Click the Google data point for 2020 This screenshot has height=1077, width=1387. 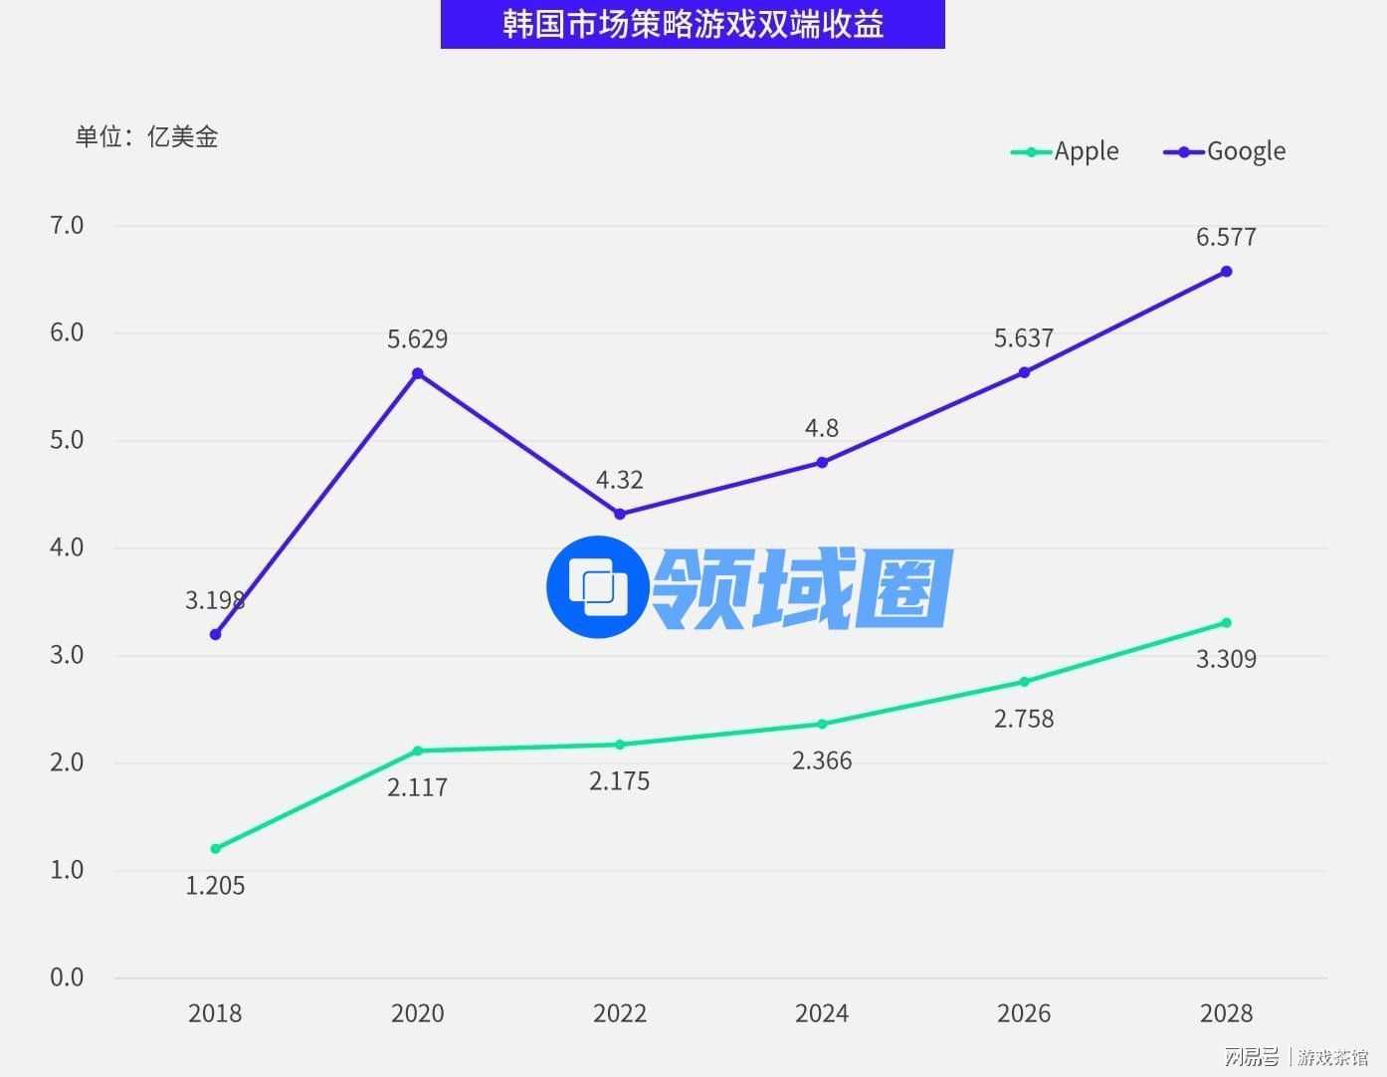418,373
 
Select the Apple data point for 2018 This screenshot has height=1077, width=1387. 215,849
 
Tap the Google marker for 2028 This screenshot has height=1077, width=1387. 1226,272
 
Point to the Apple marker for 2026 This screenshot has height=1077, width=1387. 1024,682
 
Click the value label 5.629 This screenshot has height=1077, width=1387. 418,339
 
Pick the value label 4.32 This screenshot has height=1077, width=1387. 619,480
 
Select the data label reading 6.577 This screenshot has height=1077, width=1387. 1226,237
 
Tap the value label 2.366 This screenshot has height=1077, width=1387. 822,761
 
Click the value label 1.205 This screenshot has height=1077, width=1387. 215,886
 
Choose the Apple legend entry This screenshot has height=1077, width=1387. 1066,151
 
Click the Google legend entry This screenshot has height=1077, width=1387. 1225,151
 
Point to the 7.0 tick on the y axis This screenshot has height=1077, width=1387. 67,225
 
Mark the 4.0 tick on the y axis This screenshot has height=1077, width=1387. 67,547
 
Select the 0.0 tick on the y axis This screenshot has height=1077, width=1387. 67,977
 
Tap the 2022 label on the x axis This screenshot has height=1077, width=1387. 619,1013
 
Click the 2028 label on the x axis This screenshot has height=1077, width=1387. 1226,1013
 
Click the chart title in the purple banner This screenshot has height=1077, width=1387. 693,24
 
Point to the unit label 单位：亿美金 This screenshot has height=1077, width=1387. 146,136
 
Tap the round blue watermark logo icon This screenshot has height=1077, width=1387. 598,587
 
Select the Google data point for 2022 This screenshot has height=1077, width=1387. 620,514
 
